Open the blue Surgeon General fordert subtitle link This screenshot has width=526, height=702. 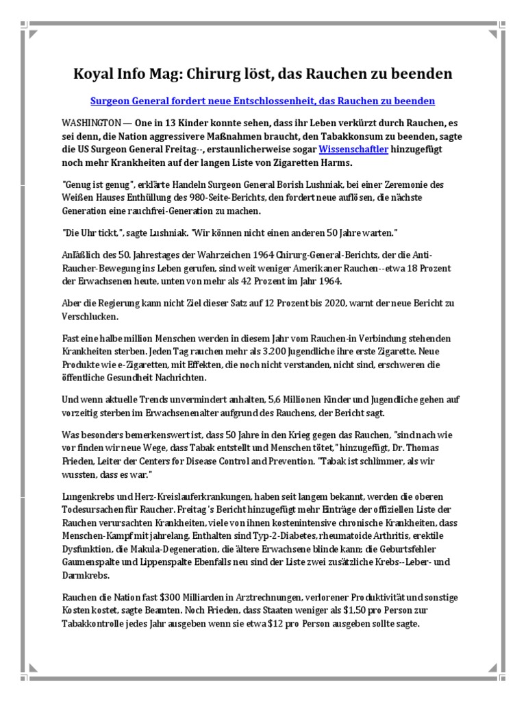(262, 101)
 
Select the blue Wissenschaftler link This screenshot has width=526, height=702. (354, 149)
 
